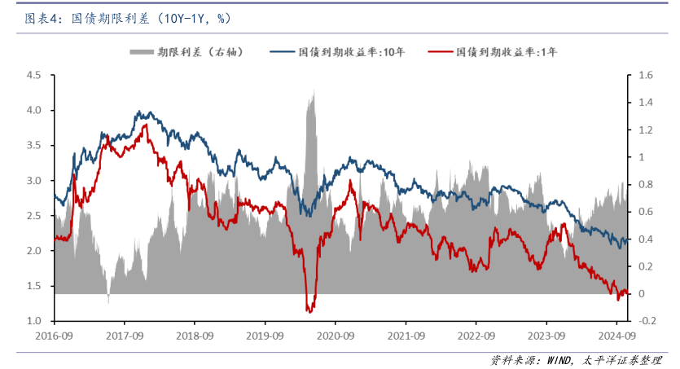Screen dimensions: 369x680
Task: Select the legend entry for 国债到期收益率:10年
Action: click(352, 52)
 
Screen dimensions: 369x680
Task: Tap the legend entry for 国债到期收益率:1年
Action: click(507, 52)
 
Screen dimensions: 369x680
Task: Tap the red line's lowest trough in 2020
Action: click(309, 310)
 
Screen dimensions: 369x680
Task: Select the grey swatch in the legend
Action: click(141, 52)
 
